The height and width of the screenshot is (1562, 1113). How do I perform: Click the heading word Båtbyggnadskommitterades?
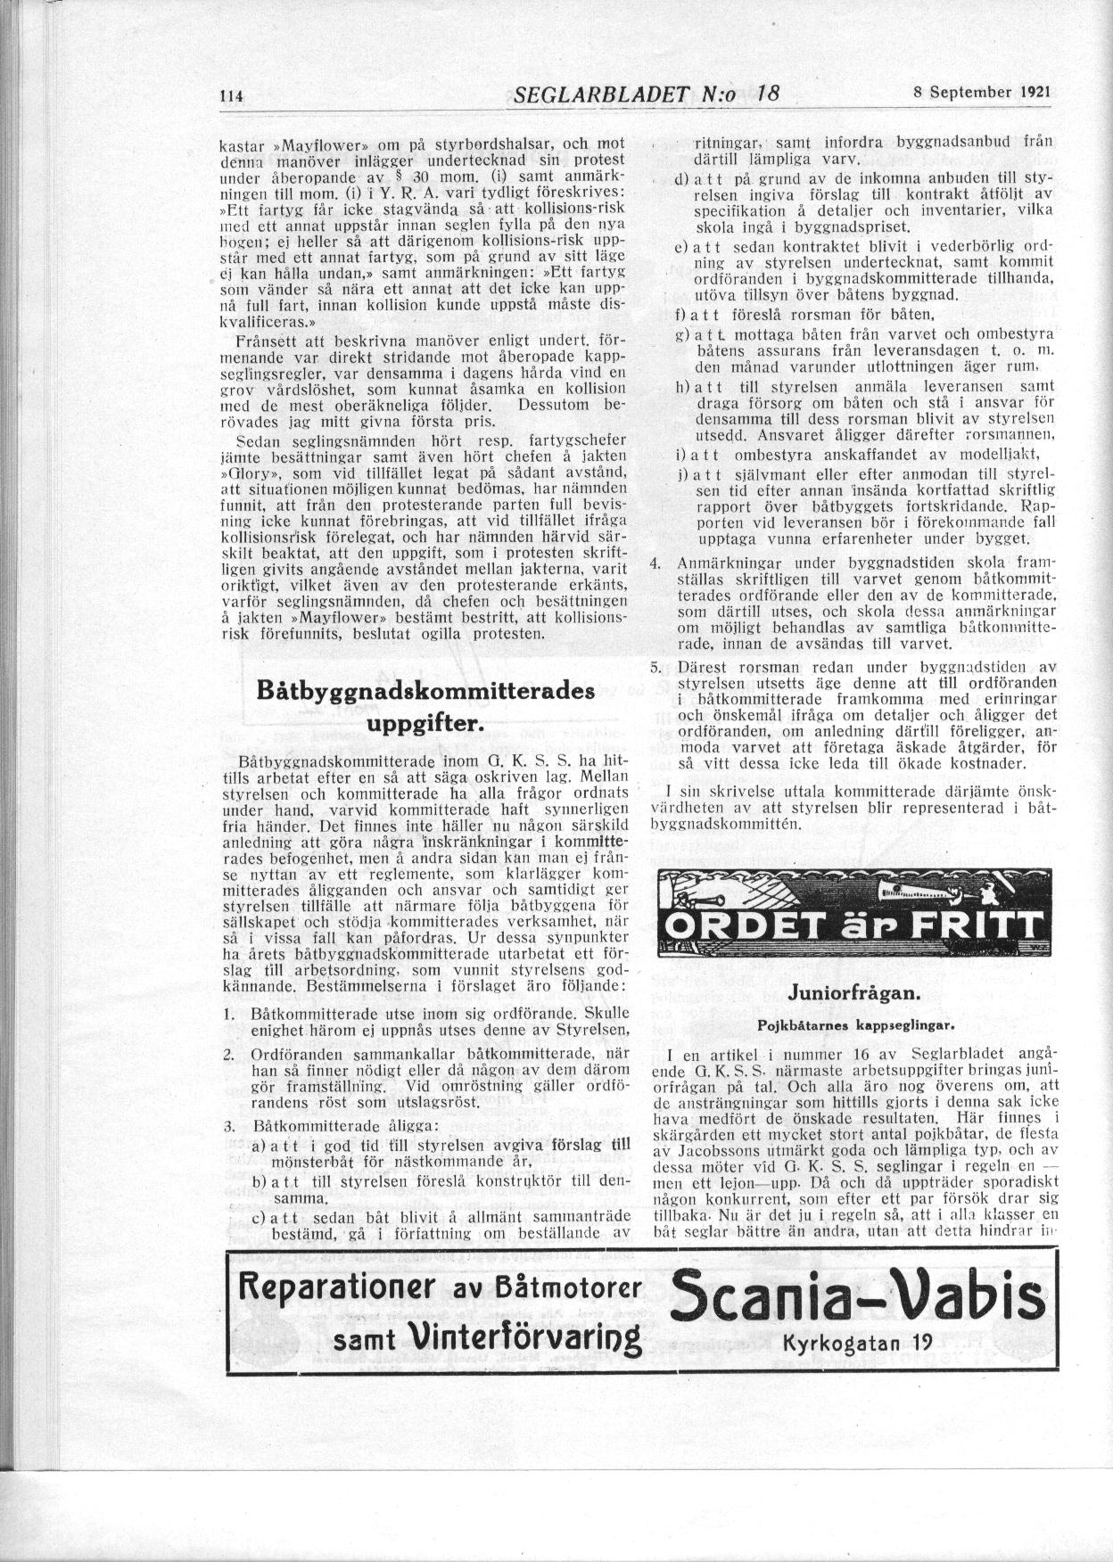[x=425, y=693]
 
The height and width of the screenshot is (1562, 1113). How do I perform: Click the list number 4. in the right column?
[x=655, y=563]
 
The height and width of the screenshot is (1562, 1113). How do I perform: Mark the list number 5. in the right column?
[x=655, y=667]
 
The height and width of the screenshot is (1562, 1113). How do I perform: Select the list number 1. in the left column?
[x=229, y=1014]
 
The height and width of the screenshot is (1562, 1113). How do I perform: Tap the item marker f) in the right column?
[x=681, y=315]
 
